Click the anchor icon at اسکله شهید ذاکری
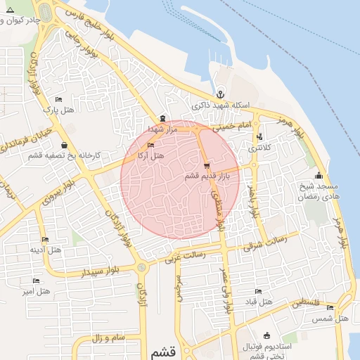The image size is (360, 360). tap(220, 94)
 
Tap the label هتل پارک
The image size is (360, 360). tap(58, 110)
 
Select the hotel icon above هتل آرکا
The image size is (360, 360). tap(150, 146)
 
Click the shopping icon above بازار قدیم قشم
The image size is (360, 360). tap(206, 167)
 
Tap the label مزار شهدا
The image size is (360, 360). tap(166, 129)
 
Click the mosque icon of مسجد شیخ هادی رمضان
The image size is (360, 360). tap(319, 176)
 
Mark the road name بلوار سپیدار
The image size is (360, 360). tap(98, 271)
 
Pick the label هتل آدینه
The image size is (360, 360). tap(45, 250)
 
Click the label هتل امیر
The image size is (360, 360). tap(37, 290)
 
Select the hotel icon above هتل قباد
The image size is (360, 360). tap(258, 292)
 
